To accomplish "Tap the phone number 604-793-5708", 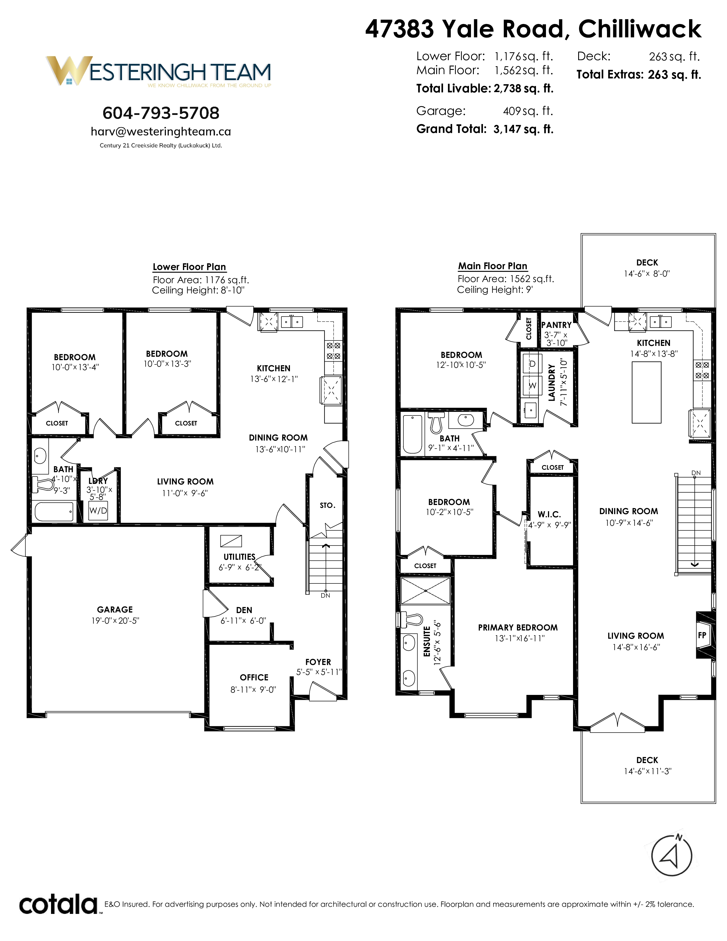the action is point(161,113).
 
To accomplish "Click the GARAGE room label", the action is point(115,609).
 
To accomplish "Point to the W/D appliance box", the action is point(98,511).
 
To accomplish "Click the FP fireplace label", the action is point(702,635).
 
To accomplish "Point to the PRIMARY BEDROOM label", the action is point(518,628).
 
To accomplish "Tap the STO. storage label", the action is point(327,505).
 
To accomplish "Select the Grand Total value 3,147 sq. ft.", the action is point(523,129).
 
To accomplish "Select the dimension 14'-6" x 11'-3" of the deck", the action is point(647,771).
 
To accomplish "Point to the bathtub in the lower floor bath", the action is point(54,512).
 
